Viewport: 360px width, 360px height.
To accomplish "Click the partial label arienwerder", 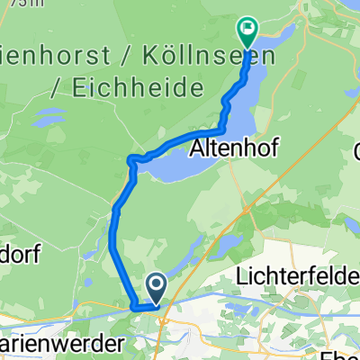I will pos(45,344).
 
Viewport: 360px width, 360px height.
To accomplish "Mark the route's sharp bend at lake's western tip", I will pos(131,160).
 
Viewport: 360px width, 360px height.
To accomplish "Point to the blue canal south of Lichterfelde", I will pos(270,293).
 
